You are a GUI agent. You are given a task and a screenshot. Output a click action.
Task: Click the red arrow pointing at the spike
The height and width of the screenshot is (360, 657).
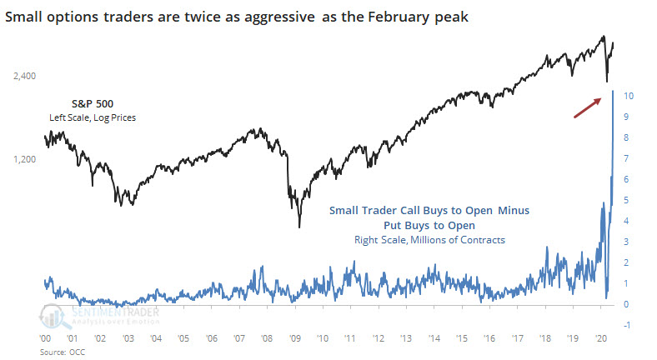click(x=588, y=107)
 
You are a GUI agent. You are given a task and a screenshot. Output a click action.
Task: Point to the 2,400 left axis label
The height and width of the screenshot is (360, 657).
click(x=25, y=77)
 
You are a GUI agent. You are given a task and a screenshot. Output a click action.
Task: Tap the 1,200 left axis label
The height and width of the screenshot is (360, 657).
click(x=25, y=158)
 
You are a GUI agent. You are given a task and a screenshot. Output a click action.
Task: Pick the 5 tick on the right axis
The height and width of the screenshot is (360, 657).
click(x=626, y=200)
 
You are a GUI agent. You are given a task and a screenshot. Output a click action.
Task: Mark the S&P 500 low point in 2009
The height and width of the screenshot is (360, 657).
click(x=298, y=227)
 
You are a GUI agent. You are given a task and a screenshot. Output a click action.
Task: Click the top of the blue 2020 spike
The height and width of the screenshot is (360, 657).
click(x=613, y=90)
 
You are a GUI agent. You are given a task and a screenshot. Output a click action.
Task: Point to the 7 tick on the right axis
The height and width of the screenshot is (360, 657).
click(x=626, y=158)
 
